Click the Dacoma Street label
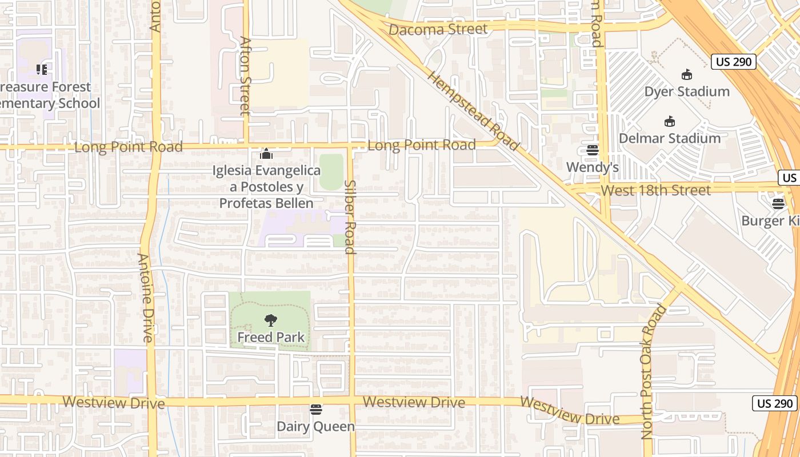(438, 29)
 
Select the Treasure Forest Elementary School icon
(41, 70)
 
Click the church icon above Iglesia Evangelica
(266, 154)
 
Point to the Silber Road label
(350, 217)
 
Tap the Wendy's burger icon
(592, 150)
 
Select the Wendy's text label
(593, 167)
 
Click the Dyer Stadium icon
(687, 75)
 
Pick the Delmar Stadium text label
(670, 138)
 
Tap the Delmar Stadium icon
(670, 122)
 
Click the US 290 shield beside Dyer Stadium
(734, 62)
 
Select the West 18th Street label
(655, 190)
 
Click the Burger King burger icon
(778, 204)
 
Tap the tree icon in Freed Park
(271, 320)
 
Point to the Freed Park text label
(271, 337)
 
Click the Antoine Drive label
(145, 297)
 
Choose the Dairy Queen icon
(316, 410)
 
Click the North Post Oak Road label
(654, 371)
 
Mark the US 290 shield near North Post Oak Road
(774, 403)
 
